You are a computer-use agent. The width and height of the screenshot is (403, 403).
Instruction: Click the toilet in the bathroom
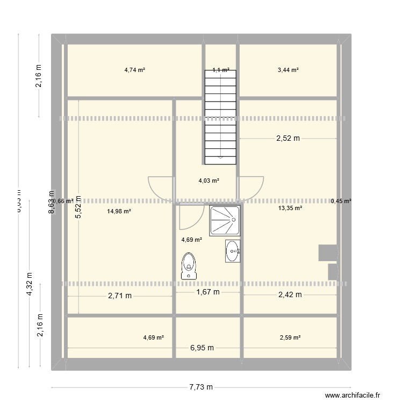(189, 265)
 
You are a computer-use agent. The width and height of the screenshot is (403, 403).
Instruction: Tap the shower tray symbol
(225, 220)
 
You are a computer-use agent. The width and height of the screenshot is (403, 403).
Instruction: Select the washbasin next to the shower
(233, 251)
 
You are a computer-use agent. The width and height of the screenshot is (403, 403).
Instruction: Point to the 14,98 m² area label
(119, 212)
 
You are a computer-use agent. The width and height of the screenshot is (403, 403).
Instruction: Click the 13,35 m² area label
(290, 208)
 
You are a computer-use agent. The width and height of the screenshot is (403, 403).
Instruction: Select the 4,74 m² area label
(135, 70)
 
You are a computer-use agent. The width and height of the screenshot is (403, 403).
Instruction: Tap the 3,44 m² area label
(288, 70)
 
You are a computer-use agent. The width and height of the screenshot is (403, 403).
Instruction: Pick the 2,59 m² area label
(290, 337)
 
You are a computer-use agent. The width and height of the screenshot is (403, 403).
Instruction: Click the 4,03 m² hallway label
(209, 181)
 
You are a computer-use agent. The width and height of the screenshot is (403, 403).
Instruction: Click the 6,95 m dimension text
(201, 348)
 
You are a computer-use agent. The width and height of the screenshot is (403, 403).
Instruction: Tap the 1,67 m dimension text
(207, 292)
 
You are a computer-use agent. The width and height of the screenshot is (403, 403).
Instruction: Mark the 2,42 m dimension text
(290, 294)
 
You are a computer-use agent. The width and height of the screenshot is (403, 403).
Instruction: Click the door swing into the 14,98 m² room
(161, 189)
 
